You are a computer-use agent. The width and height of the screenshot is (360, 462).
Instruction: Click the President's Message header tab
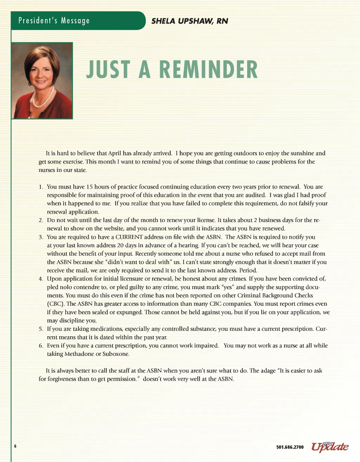click(54, 20)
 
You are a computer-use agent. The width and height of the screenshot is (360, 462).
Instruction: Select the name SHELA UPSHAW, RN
click(189, 21)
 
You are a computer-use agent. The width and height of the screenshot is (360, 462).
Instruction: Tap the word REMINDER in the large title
click(208, 70)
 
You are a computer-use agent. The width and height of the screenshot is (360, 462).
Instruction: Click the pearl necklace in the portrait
click(43, 99)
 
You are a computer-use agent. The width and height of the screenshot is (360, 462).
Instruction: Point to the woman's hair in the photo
click(41, 56)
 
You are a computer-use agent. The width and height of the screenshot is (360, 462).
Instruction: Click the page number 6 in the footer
click(15, 446)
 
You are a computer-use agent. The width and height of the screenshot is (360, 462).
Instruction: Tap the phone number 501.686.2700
click(290, 447)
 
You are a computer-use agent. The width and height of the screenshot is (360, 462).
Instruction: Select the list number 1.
click(41, 187)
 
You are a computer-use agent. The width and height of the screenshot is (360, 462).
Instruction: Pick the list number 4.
click(41, 279)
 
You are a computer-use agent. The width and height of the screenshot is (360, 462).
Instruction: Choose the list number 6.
click(41, 346)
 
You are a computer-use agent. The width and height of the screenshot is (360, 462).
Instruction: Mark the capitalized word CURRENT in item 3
click(129, 237)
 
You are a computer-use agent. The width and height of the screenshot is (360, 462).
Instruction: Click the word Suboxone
click(116, 354)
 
